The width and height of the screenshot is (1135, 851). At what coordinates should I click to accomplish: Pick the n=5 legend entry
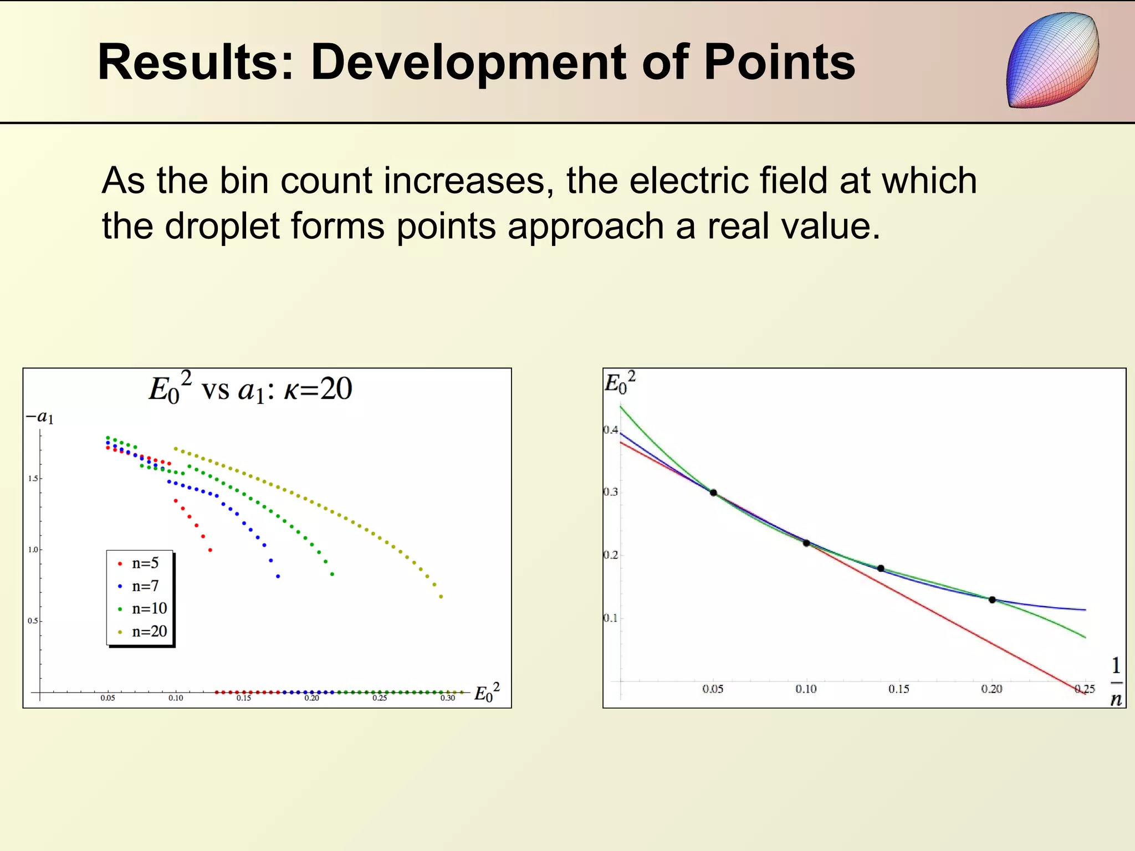(139, 563)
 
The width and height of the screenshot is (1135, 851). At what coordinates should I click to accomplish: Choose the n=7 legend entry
(139, 586)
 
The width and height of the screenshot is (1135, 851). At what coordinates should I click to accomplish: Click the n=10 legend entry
(143, 609)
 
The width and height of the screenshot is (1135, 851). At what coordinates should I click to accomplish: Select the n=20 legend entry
(143, 632)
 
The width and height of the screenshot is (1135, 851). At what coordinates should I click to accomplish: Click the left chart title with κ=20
(250, 389)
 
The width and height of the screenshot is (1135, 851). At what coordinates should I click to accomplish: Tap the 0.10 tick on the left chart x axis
(176, 698)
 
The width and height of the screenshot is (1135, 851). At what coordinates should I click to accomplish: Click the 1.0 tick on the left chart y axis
(33, 550)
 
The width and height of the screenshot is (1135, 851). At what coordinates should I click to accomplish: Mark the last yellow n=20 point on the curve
(441, 597)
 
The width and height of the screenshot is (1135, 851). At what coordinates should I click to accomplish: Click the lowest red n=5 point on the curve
(210, 550)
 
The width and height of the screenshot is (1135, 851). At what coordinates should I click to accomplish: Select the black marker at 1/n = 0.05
(713, 493)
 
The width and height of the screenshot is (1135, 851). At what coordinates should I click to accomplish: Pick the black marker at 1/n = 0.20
(992, 599)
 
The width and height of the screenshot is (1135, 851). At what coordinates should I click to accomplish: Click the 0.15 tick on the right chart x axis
(898, 689)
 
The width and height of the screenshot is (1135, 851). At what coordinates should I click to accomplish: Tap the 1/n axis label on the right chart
(1116, 682)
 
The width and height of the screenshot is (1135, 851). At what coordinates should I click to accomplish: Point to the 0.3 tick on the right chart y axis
(610, 492)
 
